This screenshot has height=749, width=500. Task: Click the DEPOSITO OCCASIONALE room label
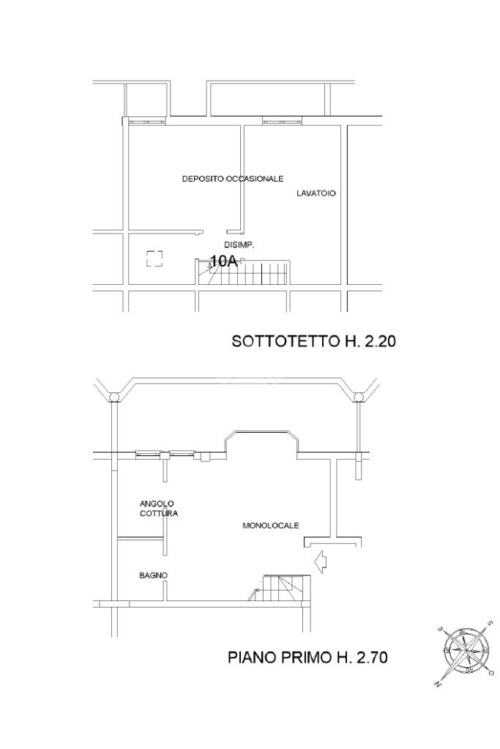pyautogui.click(x=233, y=179)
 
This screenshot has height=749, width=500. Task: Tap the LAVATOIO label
pyautogui.click(x=316, y=193)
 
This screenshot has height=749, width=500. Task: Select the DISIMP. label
pyautogui.click(x=239, y=245)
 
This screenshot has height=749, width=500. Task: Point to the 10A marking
pyautogui.click(x=224, y=261)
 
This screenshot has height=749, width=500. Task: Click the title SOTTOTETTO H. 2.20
pyautogui.click(x=314, y=341)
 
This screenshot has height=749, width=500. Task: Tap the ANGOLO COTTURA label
pyautogui.click(x=159, y=508)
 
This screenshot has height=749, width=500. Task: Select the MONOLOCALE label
pyautogui.click(x=271, y=526)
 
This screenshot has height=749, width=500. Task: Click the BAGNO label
pyautogui.click(x=153, y=575)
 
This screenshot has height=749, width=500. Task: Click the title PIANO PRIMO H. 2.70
pyautogui.click(x=307, y=657)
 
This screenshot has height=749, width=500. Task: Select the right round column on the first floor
pyautogui.click(x=358, y=397)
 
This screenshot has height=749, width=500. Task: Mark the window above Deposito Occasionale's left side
pyautogui.click(x=146, y=122)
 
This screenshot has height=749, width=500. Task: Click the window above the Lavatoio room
pyautogui.click(x=283, y=122)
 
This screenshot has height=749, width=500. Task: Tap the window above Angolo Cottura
pyautogui.click(x=165, y=454)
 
